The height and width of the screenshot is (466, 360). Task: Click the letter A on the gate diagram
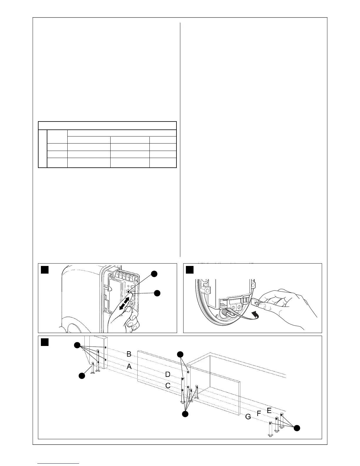pyautogui.click(x=129, y=367)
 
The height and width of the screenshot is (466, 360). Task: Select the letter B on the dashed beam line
pyautogui.click(x=129, y=354)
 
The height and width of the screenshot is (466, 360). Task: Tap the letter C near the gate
pyautogui.click(x=168, y=386)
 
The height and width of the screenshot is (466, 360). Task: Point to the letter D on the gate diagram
pyautogui.click(x=168, y=375)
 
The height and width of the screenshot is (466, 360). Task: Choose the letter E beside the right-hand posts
pyautogui.click(x=269, y=410)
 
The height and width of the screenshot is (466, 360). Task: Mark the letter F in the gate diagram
pyautogui.click(x=259, y=413)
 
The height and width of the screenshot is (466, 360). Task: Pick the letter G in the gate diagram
pyautogui.click(x=248, y=417)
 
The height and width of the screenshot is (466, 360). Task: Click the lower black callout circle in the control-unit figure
pyautogui.click(x=158, y=293)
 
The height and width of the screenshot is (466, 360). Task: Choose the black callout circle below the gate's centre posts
pyautogui.click(x=185, y=414)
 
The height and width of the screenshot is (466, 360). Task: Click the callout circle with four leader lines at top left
pyautogui.click(x=77, y=346)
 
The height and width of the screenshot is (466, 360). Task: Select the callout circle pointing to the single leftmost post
pyautogui.click(x=81, y=376)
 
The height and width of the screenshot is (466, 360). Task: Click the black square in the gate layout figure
pyautogui.click(x=45, y=342)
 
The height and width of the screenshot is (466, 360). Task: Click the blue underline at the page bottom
pyautogui.click(x=59, y=463)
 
